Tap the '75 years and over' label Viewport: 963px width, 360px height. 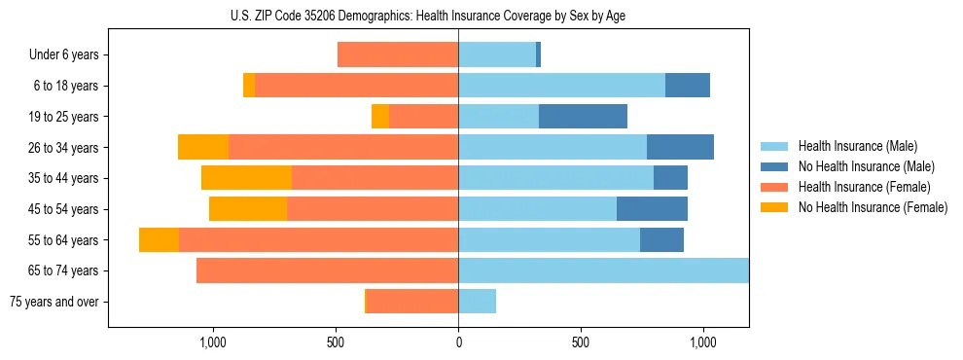(x=54, y=302)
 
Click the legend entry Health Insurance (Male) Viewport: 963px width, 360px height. (x=857, y=146)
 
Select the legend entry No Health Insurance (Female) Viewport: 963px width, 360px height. (x=872, y=207)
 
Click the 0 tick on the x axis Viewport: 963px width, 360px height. (x=458, y=342)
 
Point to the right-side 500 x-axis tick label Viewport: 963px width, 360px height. (x=580, y=342)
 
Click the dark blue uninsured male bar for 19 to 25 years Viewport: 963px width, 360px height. (x=583, y=117)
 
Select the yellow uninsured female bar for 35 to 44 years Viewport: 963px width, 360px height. (x=246, y=178)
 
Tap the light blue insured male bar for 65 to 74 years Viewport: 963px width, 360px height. (x=603, y=270)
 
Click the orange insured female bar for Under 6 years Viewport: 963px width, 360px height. (x=398, y=55)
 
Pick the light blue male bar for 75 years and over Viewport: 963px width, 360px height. (x=477, y=302)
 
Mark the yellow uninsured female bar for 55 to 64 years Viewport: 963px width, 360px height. (x=159, y=240)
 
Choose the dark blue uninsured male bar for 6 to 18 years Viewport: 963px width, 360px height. (x=687, y=86)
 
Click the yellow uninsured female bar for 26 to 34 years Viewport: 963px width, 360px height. (x=203, y=148)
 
